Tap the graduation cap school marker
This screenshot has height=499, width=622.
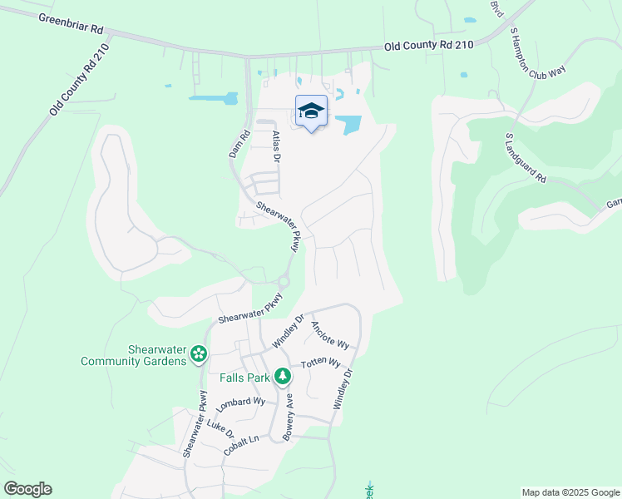click(x=311, y=111)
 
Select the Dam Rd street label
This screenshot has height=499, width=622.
click(x=239, y=144)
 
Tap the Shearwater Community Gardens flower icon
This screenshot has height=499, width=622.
click(x=198, y=355)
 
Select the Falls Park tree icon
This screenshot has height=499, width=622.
click(x=283, y=377)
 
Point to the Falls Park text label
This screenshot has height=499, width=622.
click(x=244, y=378)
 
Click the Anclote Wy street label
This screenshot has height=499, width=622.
click(x=329, y=335)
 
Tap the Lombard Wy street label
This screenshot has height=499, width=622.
click(x=239, y=405)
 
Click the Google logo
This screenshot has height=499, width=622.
click(x=27, y=489)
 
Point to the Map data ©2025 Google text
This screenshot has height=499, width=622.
click(x=570, y=492)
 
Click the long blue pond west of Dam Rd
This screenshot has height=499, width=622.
click(x=213, y=98)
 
